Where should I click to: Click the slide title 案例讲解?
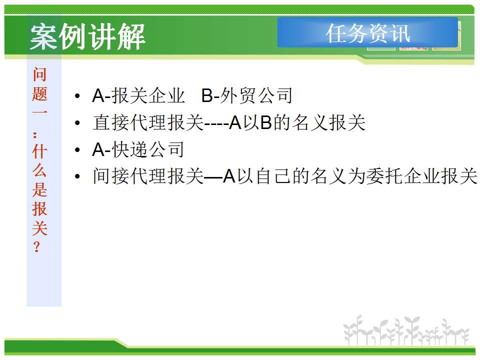tap(87, 36)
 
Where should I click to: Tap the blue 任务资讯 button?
tap(367, 32)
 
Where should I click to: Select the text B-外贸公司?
tap(246, 95)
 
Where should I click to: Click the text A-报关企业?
tap(138, 95)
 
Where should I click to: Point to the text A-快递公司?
tap(138, 149)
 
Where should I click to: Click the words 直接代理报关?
tap(148, 122)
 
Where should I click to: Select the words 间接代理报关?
tap(148, 176)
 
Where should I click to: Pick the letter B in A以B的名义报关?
tap(266, 122)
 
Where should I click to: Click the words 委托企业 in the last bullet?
tap(403, 176)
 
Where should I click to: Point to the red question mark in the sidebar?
tap(36, 246)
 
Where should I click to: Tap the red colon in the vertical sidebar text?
tap(35, 134)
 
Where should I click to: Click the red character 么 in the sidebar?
tap(40, 170)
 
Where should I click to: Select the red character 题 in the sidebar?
tap(40, 93)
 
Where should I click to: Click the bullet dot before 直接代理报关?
tap(77, 123)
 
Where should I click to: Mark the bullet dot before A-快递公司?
tap(77, 150)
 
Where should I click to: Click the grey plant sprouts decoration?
tap(406, 330)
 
